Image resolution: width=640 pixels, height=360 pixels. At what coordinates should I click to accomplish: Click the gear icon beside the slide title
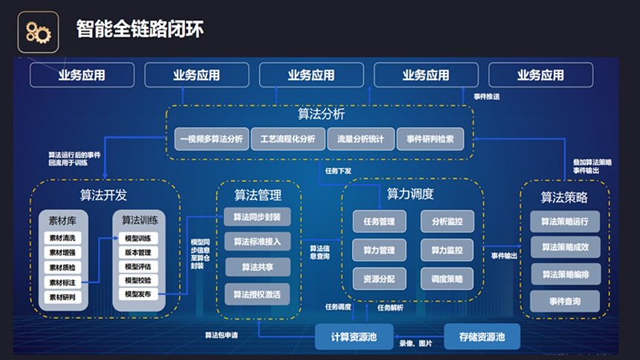[38, 31]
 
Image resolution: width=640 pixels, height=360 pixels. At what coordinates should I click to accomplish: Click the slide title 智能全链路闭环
[140, 30]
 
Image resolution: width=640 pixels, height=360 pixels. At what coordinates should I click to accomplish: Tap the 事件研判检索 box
[431, 139]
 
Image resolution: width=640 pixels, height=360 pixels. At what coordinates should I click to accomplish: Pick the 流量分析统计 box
[360, 139]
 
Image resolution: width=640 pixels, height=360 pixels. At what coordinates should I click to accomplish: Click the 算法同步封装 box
[257, 217]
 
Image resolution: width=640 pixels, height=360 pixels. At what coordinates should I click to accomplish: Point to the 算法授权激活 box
[257, 294]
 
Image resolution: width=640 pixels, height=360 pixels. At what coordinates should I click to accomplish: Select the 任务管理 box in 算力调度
[379, 220]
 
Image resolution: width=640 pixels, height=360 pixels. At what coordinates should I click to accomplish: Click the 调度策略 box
[446, 279]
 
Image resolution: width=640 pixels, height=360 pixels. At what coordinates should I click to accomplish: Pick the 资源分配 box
[379, 279]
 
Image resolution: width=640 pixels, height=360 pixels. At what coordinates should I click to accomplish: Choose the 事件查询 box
[565, 301]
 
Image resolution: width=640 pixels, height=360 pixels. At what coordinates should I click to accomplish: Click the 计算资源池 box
[353, 337]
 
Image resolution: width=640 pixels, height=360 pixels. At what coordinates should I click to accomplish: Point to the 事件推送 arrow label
[487, 96]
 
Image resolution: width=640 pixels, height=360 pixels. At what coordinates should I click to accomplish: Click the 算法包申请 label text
[221, 336]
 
